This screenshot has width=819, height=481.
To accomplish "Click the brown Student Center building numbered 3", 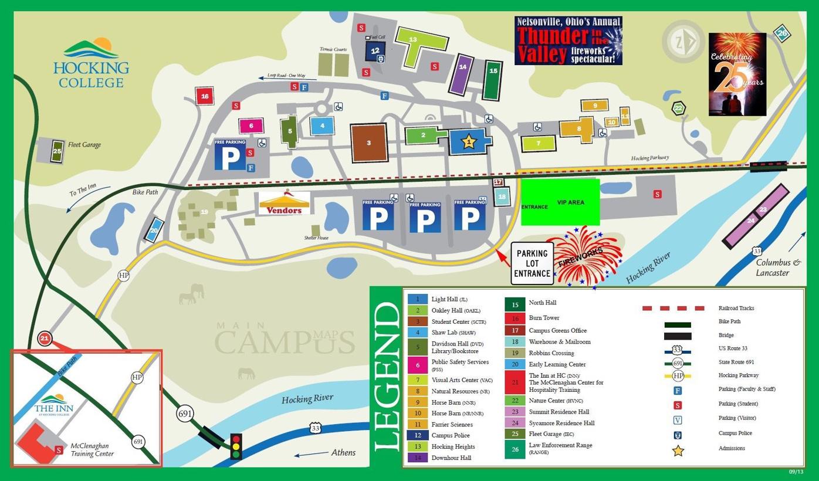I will [369, 143].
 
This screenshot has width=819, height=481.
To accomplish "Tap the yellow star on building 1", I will [468, 141].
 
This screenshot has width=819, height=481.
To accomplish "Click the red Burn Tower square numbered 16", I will [204, 96].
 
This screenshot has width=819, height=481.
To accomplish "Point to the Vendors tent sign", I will [285, 203].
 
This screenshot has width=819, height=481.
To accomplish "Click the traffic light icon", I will [236, 446].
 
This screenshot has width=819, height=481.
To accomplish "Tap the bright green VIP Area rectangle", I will [560, 202].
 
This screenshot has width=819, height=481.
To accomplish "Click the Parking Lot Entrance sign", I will [532, 263].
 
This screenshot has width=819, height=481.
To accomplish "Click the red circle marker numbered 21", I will [45, 338].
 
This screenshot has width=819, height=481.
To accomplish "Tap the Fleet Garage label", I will [84, 145].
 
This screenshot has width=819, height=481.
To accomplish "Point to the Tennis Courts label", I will [333, 49].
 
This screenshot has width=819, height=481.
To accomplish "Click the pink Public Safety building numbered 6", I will [251, 126].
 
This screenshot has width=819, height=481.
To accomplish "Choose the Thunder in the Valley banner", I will [568, 40].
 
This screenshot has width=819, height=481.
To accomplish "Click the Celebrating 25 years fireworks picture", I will [737, 74].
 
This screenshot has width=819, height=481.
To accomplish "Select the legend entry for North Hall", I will [542, 303].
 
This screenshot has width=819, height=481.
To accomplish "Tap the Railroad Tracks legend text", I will [736, 308].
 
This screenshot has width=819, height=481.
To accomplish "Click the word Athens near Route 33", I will [343, 452].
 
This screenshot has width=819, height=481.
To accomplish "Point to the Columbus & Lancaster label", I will [778, 267].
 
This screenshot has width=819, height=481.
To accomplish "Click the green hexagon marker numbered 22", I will [678, 108].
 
